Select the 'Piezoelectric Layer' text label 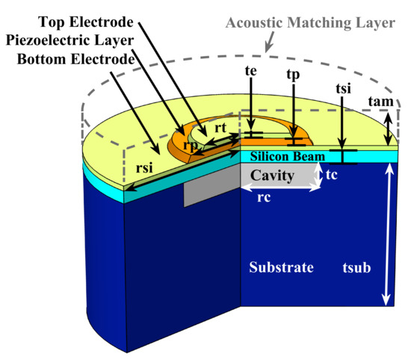coord(68,40)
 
